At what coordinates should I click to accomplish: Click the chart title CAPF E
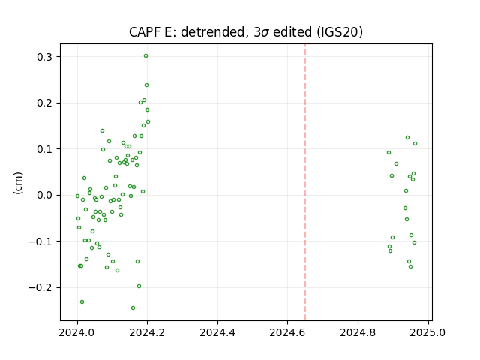[151, 32]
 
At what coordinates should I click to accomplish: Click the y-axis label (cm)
[18, 183]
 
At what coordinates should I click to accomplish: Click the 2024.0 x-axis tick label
[77, 332]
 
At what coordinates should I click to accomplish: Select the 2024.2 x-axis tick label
[147, 332]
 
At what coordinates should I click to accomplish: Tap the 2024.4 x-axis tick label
[217, 332]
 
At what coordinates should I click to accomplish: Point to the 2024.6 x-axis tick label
[287, 332]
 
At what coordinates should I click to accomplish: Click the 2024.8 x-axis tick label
[358, 332]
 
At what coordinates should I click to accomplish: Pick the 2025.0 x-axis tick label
[427, 332]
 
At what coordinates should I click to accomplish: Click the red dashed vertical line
[305, 182]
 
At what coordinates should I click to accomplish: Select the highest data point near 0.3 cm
[145, 56]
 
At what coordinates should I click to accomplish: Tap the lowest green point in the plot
[133, 308]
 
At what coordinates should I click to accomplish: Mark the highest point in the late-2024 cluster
[407, 138]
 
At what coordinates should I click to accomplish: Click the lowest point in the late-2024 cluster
[410, 267]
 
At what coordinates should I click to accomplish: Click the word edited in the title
[292, 32]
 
